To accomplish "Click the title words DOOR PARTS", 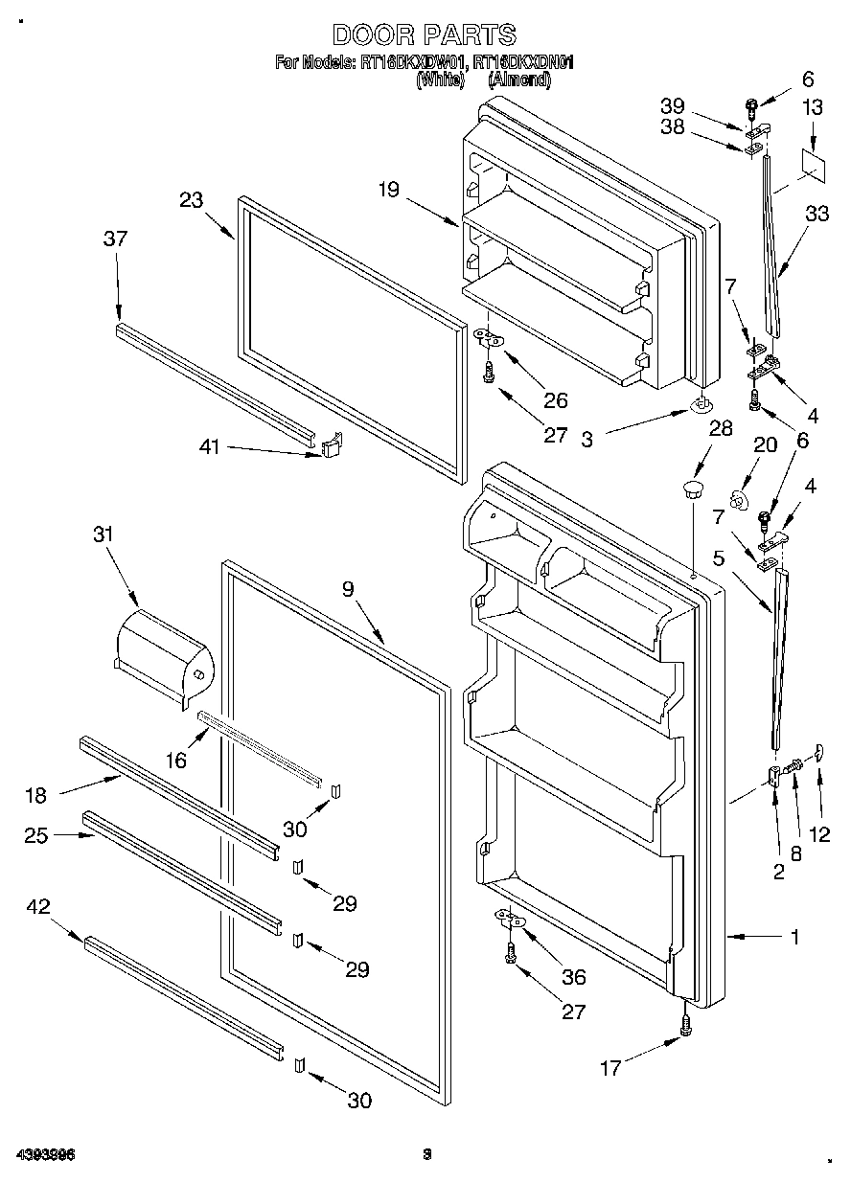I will pyautogui.click(x=424, y=35).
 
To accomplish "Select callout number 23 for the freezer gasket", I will pyautogui.click(x=191, y=200).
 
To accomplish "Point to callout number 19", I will pyautogui.click(x=388, y=190).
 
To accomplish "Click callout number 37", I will pyautogui.click(x=115, y=239).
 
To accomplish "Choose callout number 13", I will pyautogui.click(x=812, y=108).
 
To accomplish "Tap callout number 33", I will pyautogui.click(x=817, y=215).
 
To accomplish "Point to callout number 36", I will pyautogui.click(x=574, y=977).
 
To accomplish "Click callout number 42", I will pyautogui.click(x=37, y=906).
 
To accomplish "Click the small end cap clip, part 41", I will pyautogui.click(x=331, y=445).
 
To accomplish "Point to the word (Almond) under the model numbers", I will pyautogui.click(x=519, y=81).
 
